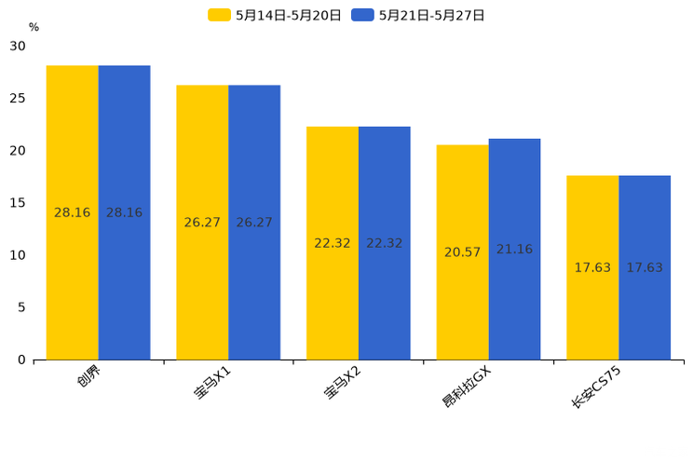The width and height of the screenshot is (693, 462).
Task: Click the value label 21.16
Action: coord(514,250)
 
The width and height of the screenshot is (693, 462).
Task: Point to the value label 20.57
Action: coord(463,252)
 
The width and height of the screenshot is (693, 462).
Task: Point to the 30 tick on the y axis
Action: coord(18,47)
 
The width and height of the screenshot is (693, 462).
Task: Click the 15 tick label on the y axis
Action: coord(18,203)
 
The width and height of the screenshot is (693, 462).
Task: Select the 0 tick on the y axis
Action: coord(21,360)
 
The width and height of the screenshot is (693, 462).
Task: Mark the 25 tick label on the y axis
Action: coord(18,99)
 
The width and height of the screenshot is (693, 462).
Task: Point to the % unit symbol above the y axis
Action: coord(34,27)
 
